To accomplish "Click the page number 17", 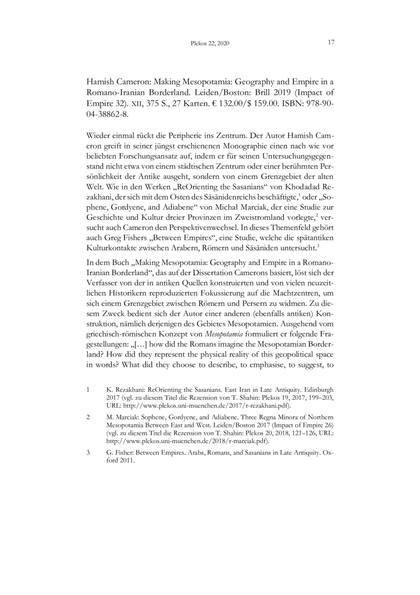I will coord(331,42).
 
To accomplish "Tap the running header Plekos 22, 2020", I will coord(210,43).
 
